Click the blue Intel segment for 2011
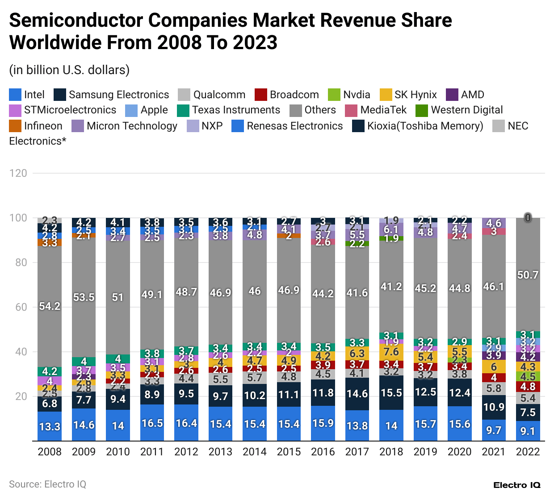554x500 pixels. (152, 423)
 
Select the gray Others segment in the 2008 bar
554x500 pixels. (50, 306)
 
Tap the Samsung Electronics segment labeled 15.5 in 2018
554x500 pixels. (391, 393)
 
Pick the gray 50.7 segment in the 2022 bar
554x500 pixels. (528, 275)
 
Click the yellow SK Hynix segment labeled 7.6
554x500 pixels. (391, 351)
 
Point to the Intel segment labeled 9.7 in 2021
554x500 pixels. (494, 430)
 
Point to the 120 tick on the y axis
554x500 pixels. (18, 173)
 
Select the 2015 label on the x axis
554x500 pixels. (289, 452)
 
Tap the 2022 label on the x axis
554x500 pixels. (528, 452)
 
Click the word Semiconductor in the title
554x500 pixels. (76, 21)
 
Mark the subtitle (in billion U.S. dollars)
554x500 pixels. (69, 70)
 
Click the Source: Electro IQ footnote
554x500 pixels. (47, 484)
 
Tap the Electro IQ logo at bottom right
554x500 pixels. (516, 485)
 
